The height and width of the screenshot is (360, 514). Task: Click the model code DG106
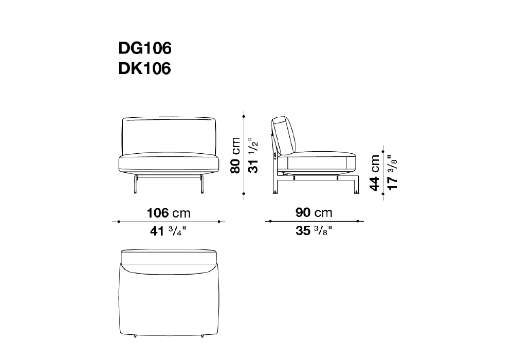coord(145,48)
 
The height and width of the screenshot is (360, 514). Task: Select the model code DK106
coord(145,68)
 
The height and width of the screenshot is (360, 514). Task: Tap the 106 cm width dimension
coord(169,213)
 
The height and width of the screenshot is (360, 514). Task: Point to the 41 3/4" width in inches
coord(168,231)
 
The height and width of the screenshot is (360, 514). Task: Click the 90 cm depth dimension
coord(314,213)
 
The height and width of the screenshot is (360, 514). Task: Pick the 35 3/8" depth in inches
coord(314,231)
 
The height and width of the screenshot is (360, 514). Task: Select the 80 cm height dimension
coord(236,155)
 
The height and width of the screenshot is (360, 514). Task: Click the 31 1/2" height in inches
coord(253,155)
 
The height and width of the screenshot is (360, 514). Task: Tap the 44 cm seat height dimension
coord(375,173)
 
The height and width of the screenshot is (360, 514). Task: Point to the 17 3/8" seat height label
coord(392,172)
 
